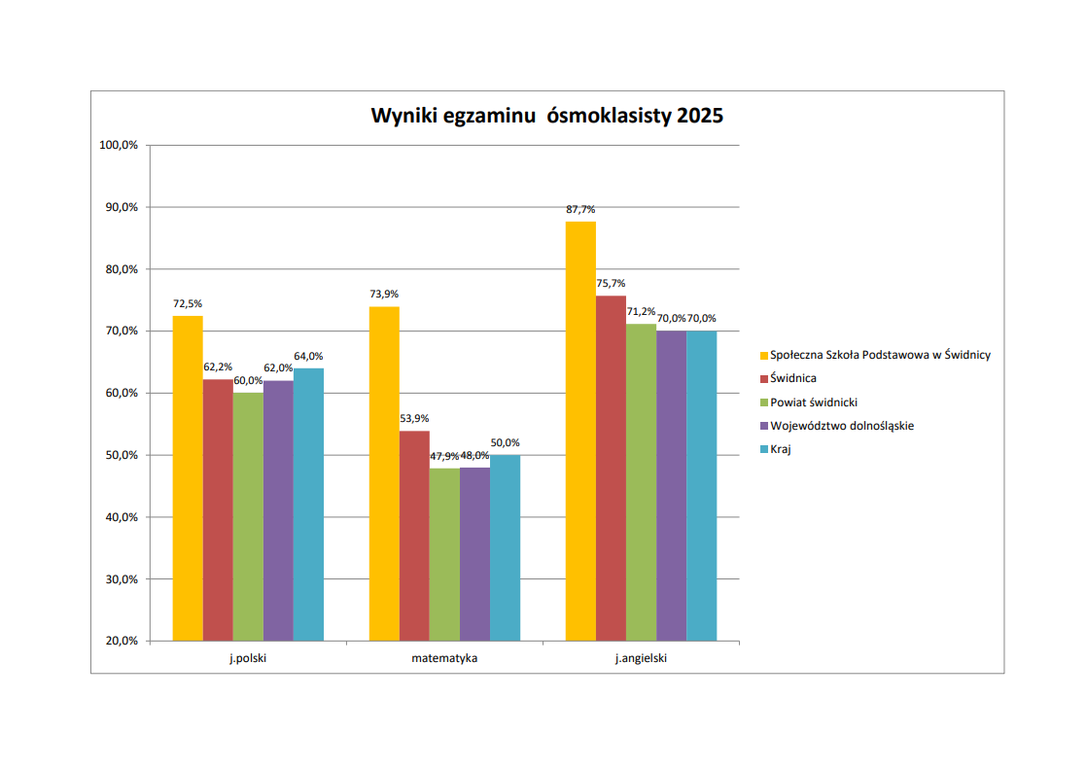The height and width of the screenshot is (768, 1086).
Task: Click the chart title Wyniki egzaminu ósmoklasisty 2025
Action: click(x=546, y=117)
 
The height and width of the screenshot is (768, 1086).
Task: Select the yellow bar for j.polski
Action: click(x=188, y=478)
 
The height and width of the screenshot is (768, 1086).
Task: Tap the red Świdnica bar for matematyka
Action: click(x=414, y=536)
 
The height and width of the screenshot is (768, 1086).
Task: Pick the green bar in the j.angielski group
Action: click(x=641, y=482)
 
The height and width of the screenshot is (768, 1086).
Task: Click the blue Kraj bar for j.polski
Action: click(x=308, y=505)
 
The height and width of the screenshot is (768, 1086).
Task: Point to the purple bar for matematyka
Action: click(x=474, y=554)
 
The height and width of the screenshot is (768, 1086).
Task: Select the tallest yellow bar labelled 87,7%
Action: click(x=580, y=431)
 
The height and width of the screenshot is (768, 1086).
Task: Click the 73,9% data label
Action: click(x=384, y=294)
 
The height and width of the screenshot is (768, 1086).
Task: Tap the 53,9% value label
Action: click(x=414, y=418)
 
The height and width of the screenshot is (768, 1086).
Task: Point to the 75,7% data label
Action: click(x=611, y=283)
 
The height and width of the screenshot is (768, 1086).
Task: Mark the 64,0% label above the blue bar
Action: click(x=308, y=356)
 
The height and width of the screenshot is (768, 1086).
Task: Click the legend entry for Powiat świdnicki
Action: click(x=814, y=401)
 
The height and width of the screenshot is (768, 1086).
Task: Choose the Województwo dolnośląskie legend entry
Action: click(x=841, y=425)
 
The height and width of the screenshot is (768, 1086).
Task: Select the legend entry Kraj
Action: click(x=780, y=449)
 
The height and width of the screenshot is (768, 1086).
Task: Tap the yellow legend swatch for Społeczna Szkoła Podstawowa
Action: click(x=763, y=355)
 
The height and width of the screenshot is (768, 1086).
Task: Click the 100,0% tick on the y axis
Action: click(x=120, y=145)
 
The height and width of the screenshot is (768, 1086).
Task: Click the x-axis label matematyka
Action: click(x=444, y=658)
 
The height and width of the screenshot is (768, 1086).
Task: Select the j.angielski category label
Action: click(x=641, y=658)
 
